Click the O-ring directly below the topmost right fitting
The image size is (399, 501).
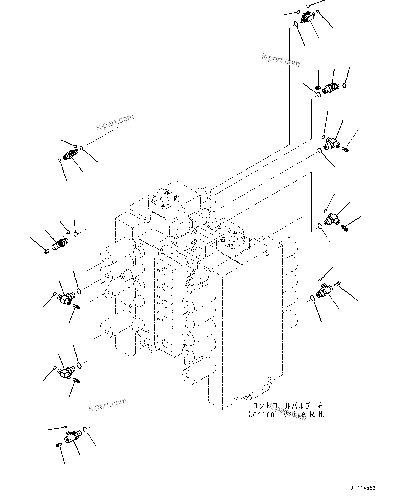pos(295,24)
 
